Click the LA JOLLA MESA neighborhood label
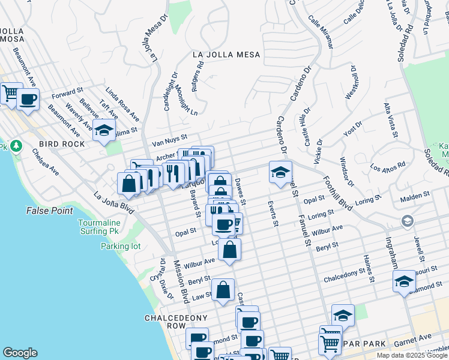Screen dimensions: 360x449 coord(226,55)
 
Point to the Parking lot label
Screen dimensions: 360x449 coord(120,246)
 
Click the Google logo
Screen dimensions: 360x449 coord(20,353)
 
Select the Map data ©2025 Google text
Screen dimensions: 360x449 coord(411,355)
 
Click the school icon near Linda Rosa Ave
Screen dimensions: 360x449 coord(104,130)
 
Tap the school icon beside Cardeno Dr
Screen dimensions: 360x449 coord(280,172)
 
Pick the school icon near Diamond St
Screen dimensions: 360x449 coord(405,281)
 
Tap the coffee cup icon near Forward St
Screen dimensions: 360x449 coord(28,99)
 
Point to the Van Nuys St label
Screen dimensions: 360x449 coord(170,140)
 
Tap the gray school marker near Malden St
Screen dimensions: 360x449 coord(408,221)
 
